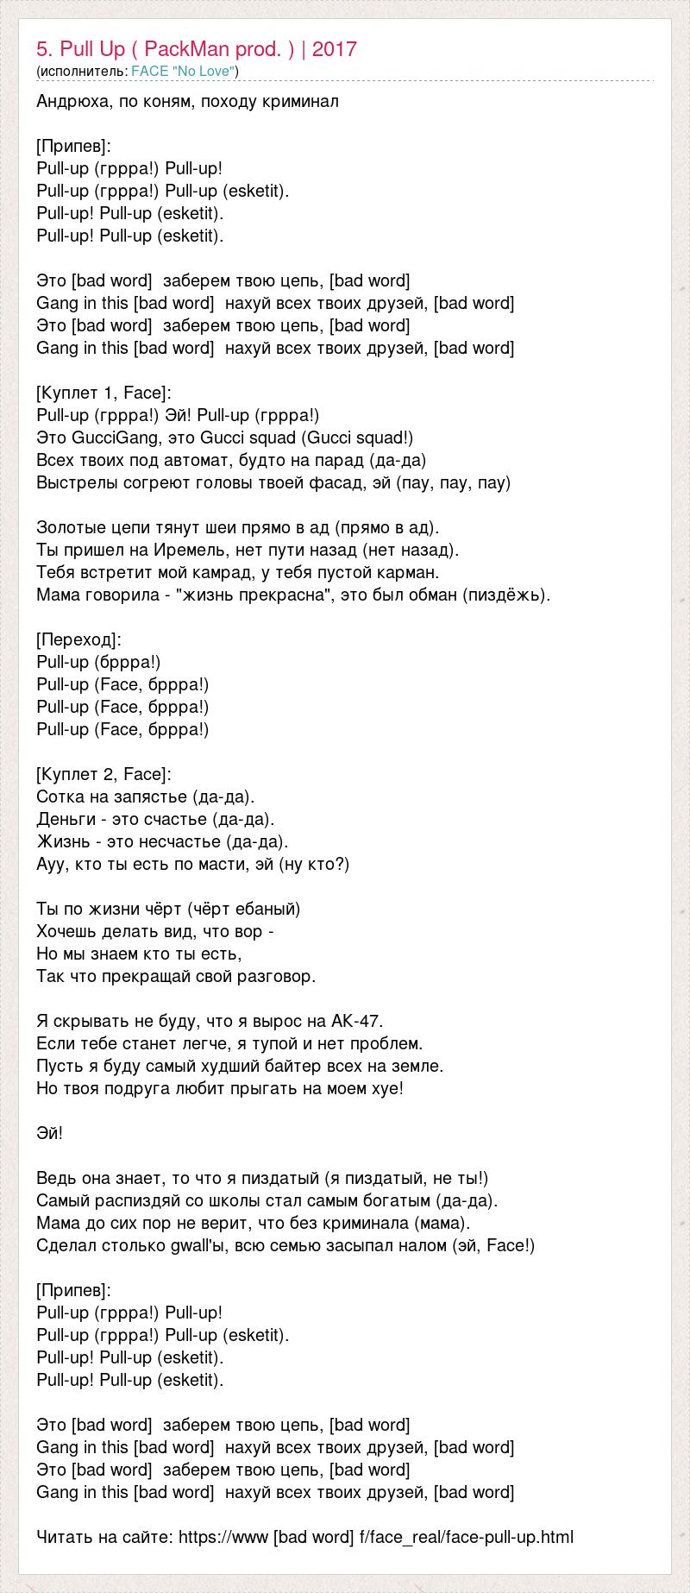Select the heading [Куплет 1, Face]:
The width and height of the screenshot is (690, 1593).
[x=104, y=393]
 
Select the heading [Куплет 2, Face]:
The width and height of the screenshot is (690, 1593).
[x=104, y=774]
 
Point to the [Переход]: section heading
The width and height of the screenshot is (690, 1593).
[x=79, y=639]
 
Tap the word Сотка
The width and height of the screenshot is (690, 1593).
[x=60, y=796]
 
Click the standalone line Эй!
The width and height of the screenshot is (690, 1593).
[x=50, y=1133]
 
